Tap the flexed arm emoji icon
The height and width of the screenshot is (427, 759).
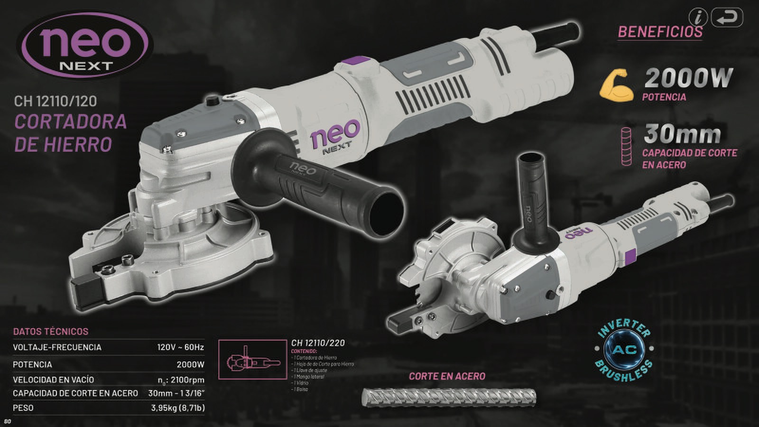coord(616,85)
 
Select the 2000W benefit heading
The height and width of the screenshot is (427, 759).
coord(688,78)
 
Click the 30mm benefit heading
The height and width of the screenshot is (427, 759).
coord(682,135)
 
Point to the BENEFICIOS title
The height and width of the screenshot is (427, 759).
coord(659,32)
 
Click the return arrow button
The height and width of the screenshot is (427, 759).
coord(727,18)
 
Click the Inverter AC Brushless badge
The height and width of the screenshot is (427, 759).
coord(625,351)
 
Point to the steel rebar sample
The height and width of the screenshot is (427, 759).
coord(449,397)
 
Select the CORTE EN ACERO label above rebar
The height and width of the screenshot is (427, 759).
coord(447,376)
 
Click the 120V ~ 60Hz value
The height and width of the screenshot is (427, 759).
coord(180,347)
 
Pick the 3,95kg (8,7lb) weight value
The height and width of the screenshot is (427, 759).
coord(178,408)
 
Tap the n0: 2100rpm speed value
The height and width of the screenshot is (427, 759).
coord(181,380)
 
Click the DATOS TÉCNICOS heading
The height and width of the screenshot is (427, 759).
coord(51,331)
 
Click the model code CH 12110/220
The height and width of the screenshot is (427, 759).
coord(318,343)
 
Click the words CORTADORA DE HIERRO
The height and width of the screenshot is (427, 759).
coord(71,133)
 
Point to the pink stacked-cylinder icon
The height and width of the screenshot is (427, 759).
coord(627,146)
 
